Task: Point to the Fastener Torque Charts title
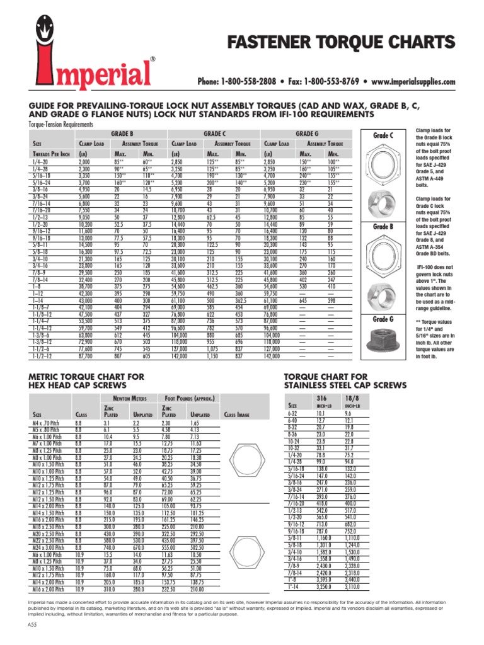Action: click(341, 42)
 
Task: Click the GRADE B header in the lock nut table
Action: click(122, 134)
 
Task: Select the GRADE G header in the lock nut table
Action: click(307, 134)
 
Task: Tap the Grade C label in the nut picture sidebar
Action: click(383, 135)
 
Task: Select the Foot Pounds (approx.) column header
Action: click(190, 399)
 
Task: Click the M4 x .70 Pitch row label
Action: click(47, 424)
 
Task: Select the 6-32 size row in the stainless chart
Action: click(293, 414)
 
